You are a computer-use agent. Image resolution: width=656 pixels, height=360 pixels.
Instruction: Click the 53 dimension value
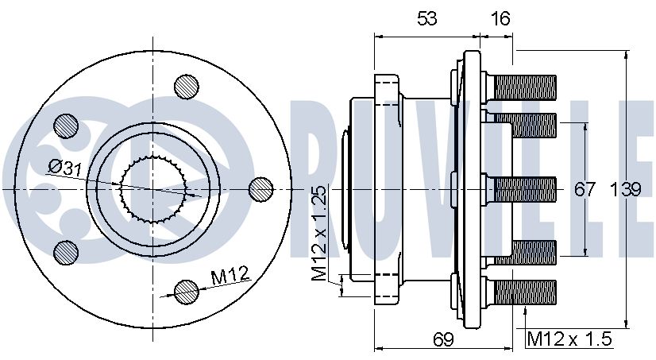coord(426,18)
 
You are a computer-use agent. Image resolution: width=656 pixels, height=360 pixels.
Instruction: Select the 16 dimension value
coord(500,18)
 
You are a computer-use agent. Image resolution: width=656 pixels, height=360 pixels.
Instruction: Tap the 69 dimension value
coord(443,339)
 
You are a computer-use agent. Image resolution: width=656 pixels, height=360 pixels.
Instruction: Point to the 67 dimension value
coord(585,189)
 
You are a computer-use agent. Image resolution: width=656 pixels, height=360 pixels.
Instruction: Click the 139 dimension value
coord(626,189)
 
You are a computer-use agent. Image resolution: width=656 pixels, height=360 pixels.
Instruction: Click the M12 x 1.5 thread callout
coord(569,339)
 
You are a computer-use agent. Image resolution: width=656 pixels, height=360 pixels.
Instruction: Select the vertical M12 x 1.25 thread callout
coord(318,233)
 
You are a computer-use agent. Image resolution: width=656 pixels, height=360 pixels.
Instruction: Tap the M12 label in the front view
coord(230,276)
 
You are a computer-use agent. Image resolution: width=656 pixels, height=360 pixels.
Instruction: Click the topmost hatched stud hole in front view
coord(186,87)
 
